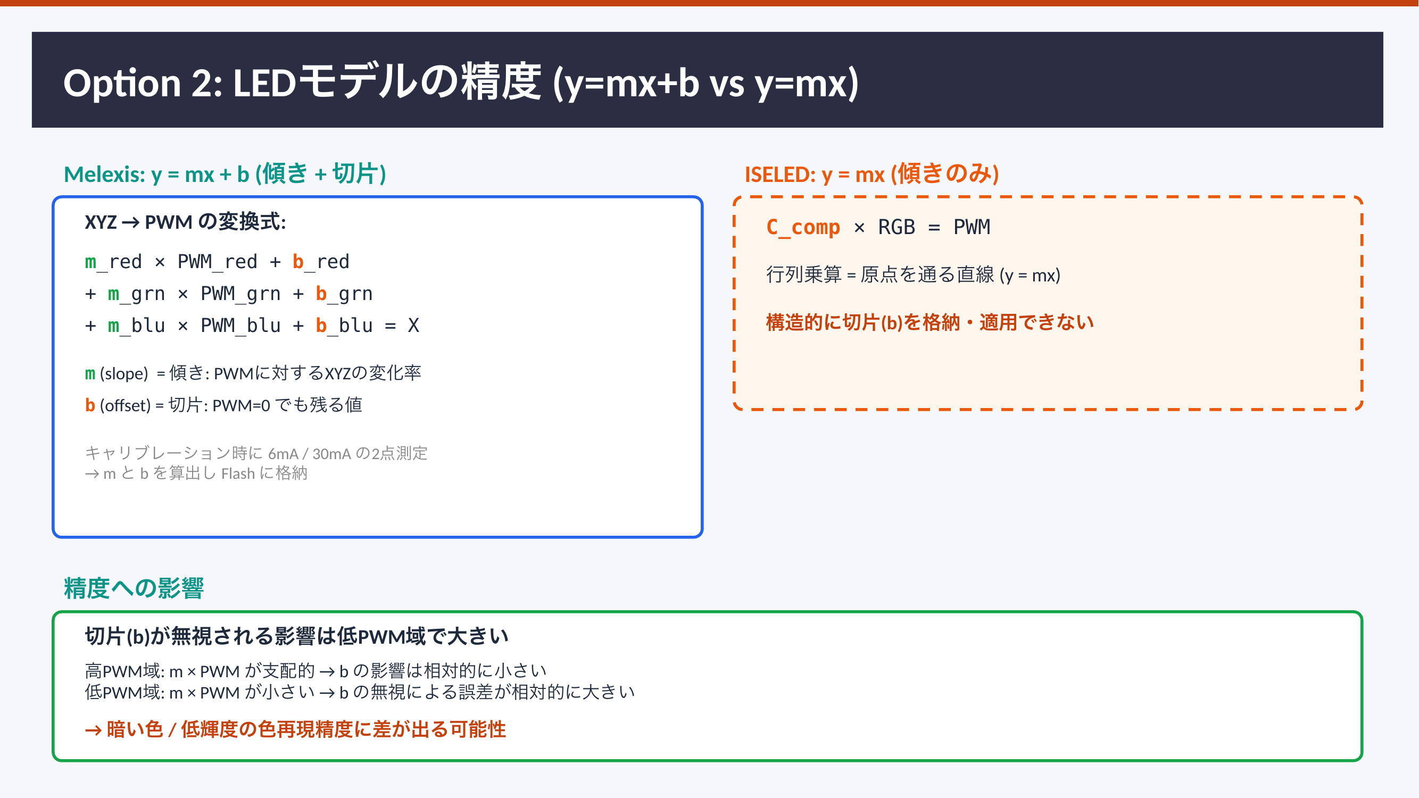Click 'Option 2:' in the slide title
coord(143,82)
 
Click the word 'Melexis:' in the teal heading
coord(105,174)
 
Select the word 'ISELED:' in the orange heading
coord(780,174)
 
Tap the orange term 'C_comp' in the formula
coord(803,227)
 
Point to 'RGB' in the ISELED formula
coord(896,227)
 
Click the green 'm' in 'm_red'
coord(91,262)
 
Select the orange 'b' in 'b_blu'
coord(321,325)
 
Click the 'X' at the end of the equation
coord(413,326)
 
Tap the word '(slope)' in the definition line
coord(124,373)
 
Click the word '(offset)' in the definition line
coord(125,405)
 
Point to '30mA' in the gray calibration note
coord(331,453)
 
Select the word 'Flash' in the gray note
coord(238,473)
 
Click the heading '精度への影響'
coord(134,588)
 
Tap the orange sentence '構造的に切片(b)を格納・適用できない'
coord(930,322)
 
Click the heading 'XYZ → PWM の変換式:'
coord(186,222)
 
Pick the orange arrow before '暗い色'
coord(94,730)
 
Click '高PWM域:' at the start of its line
coord(125,671)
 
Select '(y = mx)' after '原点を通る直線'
coord(1030,275)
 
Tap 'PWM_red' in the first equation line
coord(218,262)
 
